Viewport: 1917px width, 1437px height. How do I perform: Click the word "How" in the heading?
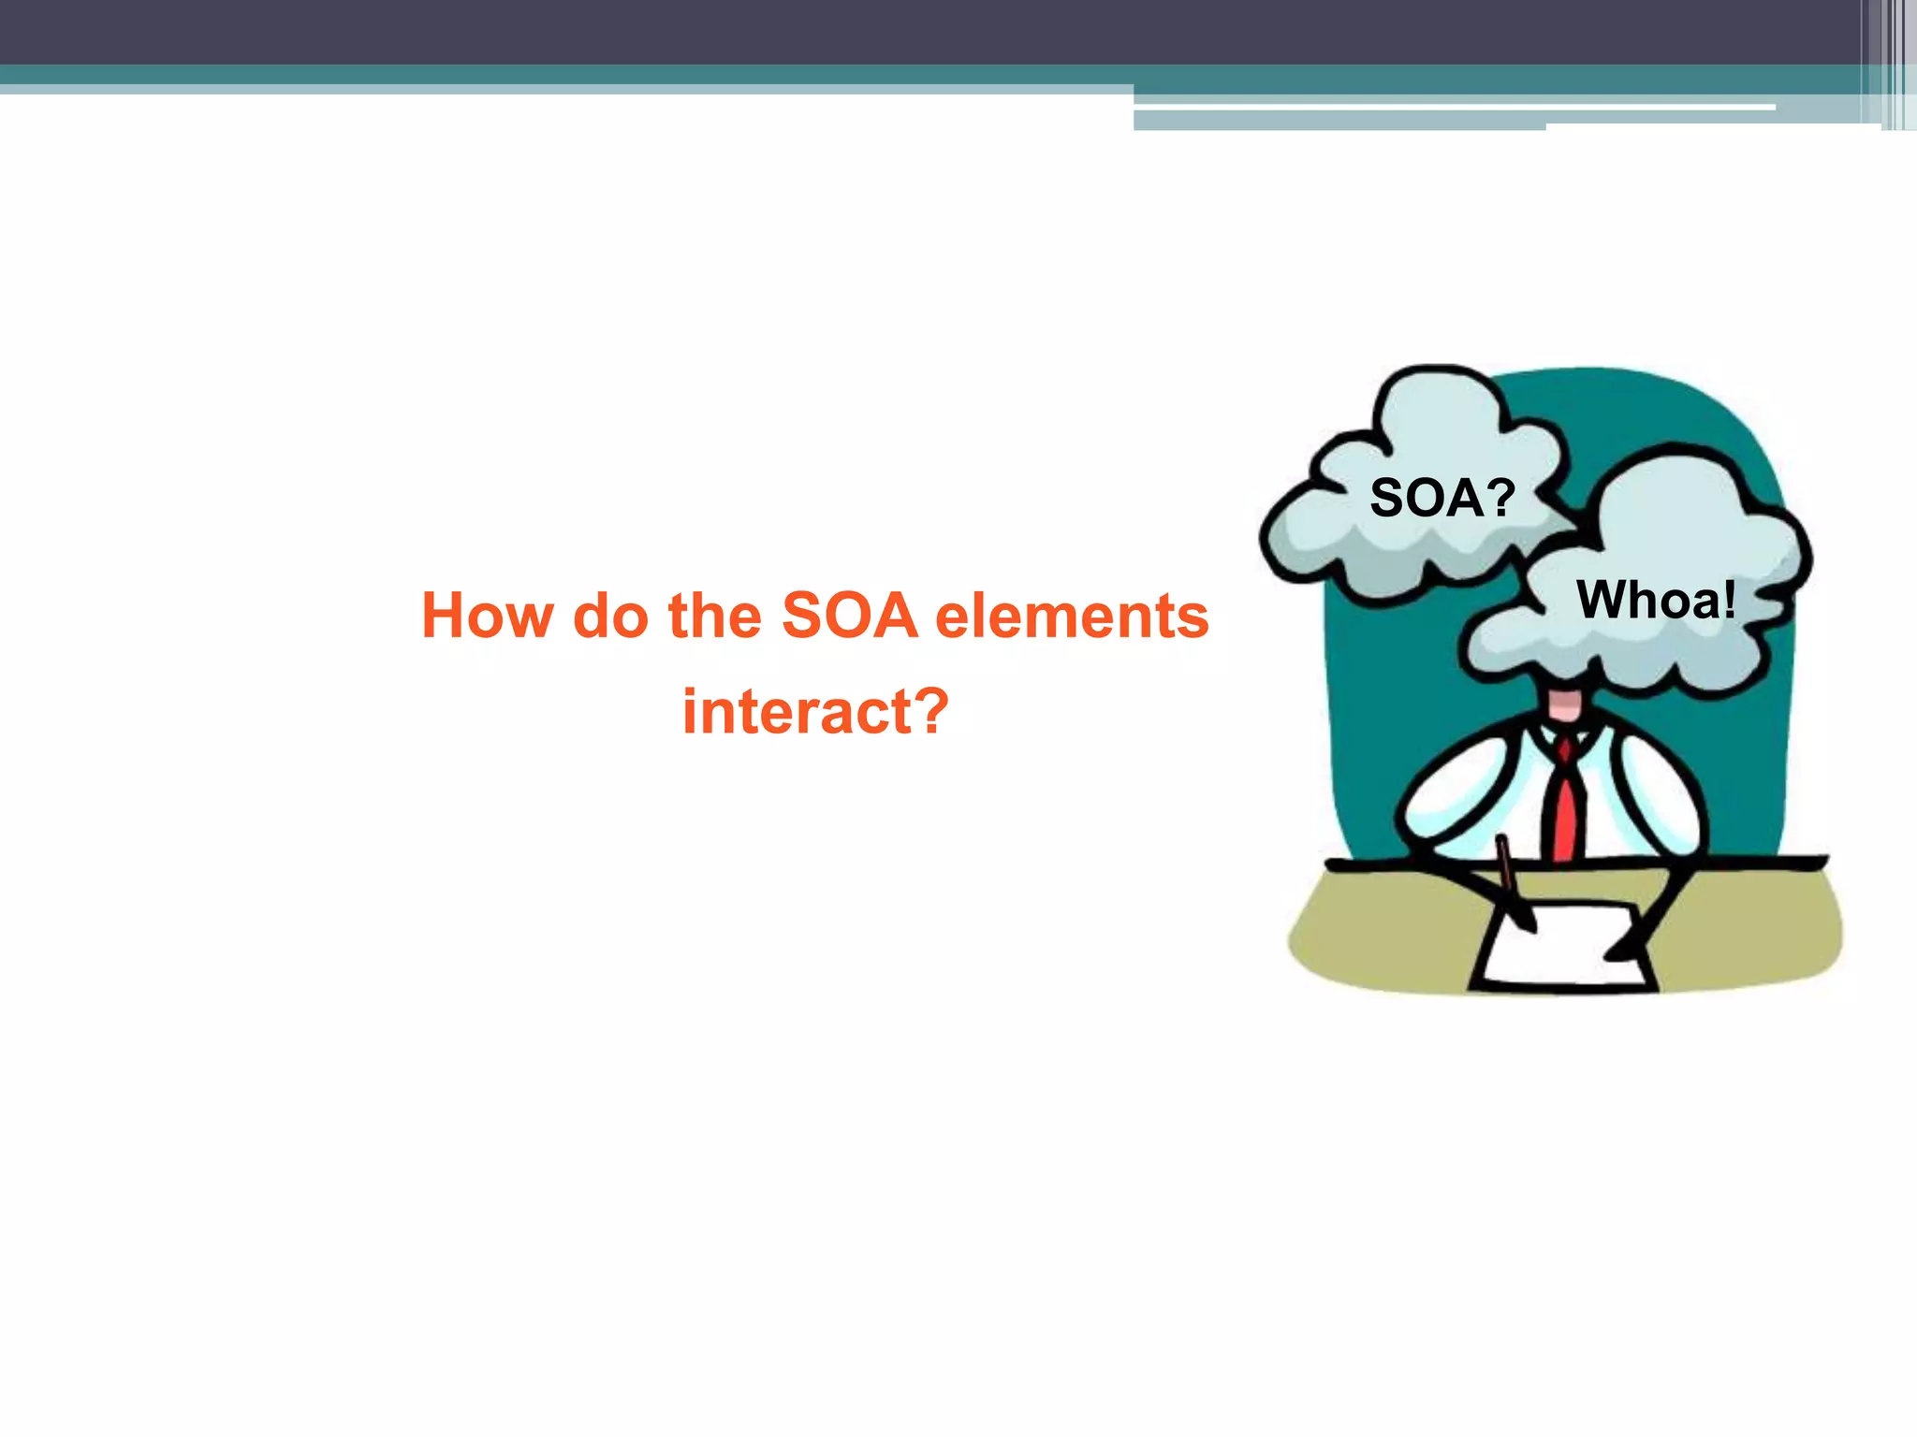(x=487, y=617)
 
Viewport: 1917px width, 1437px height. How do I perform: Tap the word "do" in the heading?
(x=610, y=617)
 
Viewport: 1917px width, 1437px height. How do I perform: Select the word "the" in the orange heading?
(x=715, y=617)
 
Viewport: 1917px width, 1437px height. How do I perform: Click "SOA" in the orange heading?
(x=849, y=617)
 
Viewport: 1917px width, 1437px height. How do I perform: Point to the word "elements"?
(x=1072, y=617)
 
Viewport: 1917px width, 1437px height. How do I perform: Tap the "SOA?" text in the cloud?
(x=1441, y=498)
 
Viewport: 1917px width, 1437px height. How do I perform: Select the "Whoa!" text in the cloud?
(x=1656, y=600)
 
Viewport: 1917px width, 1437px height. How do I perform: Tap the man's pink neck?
(x=1564, y=705)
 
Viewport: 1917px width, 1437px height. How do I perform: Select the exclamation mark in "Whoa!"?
(x=1728, y=600)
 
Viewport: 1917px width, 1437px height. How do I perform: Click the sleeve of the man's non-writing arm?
(x=1661, y=795)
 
